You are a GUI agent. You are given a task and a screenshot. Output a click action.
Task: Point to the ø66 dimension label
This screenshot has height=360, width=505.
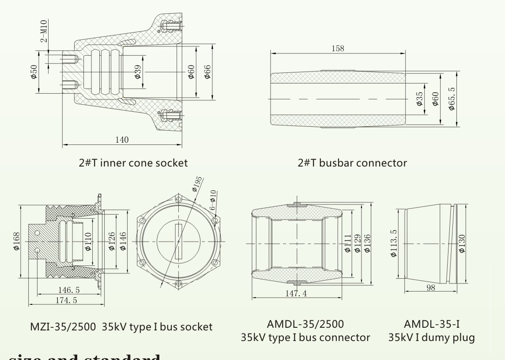click(207, 71)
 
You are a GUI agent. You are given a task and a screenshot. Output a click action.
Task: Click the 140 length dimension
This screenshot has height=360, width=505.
click(122, 140)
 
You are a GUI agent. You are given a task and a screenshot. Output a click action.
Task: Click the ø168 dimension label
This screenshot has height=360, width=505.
click(15, 241)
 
